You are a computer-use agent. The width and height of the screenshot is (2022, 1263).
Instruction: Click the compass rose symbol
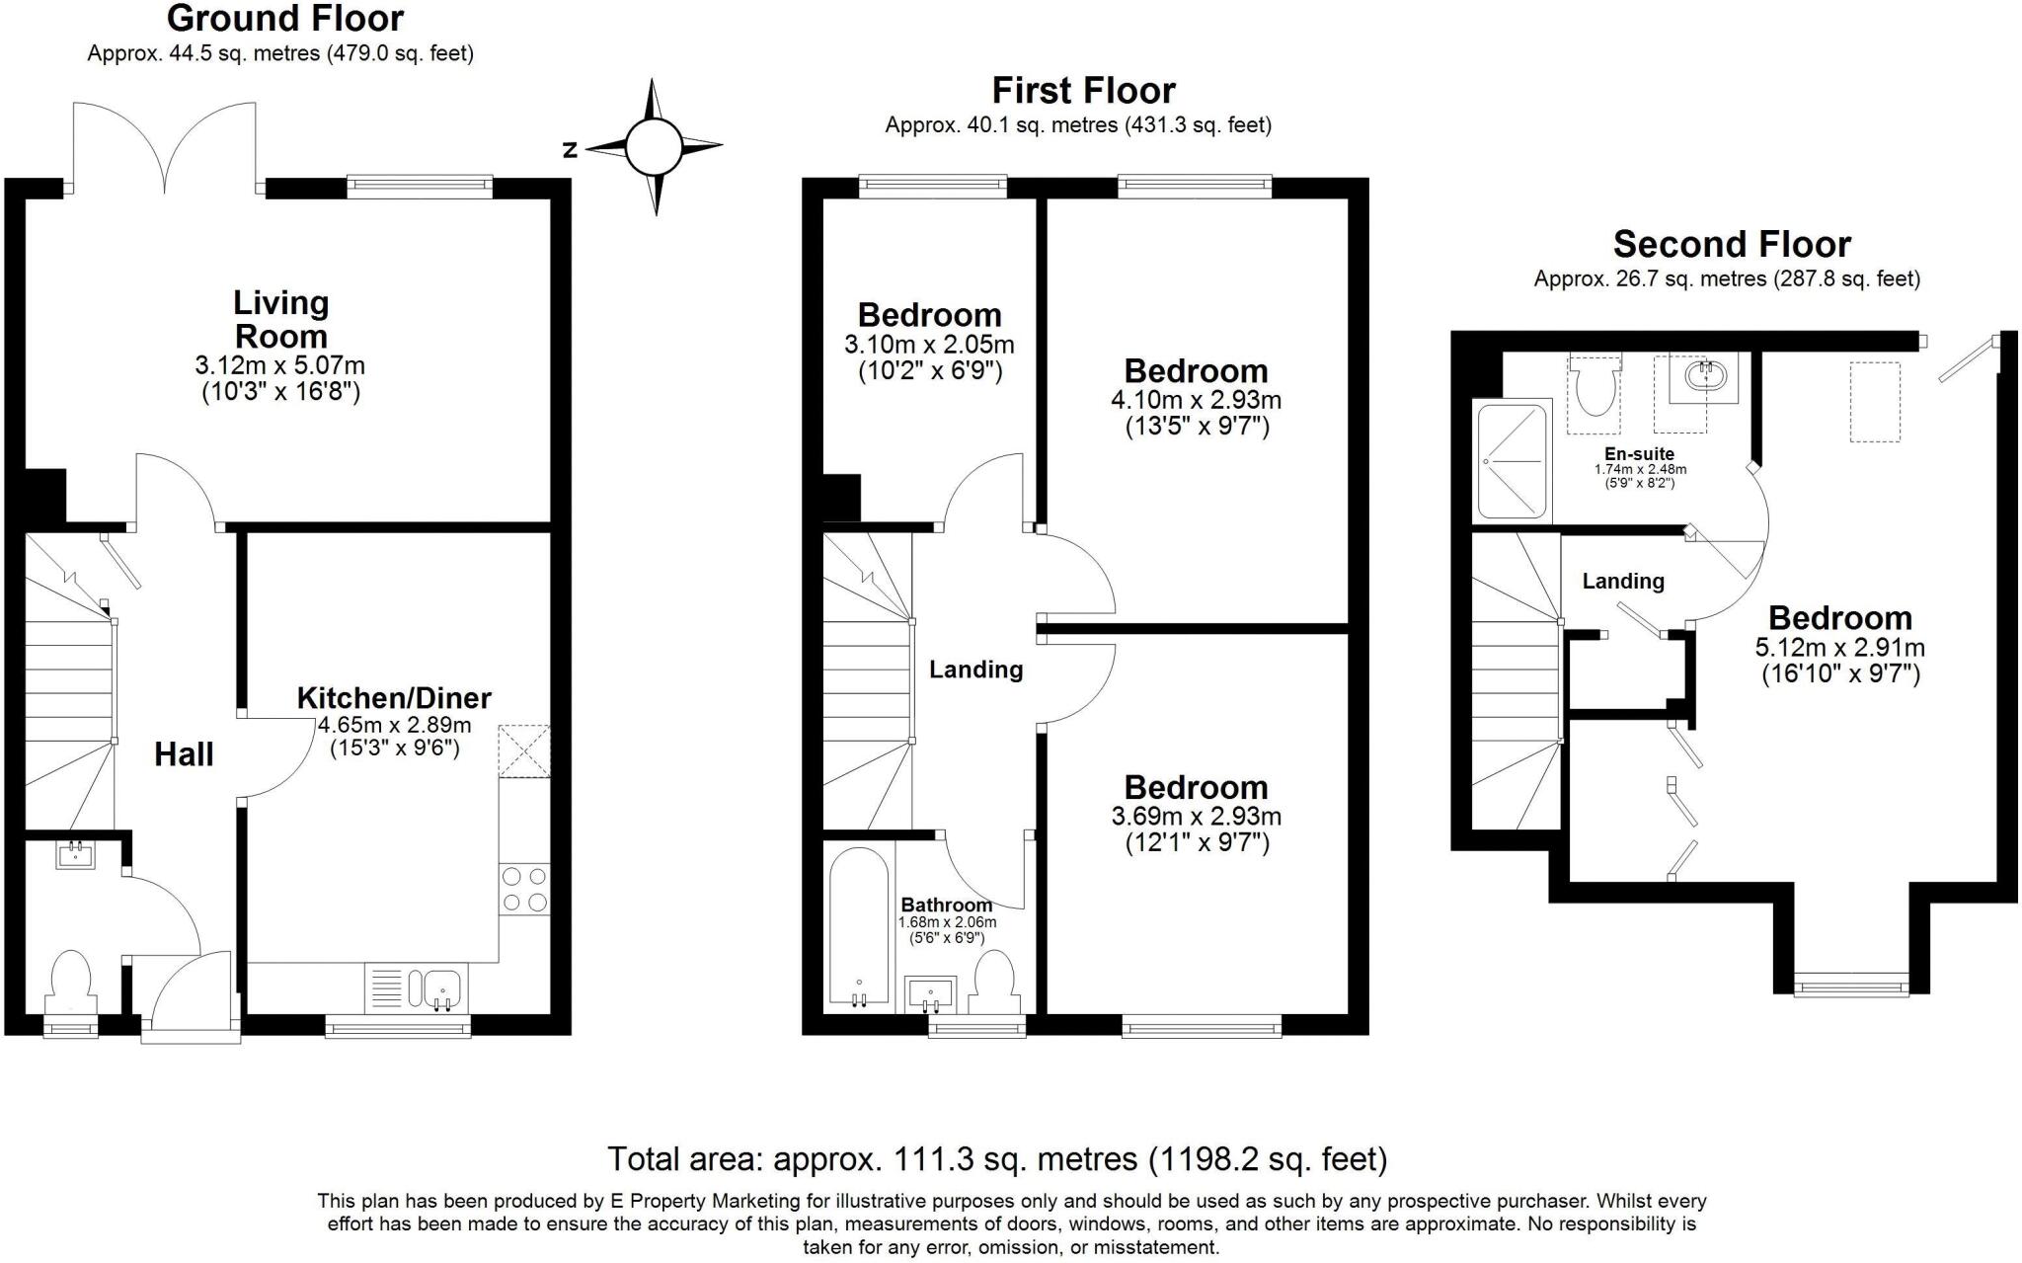point(655,147)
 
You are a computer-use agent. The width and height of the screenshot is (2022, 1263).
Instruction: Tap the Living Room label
point(280,318)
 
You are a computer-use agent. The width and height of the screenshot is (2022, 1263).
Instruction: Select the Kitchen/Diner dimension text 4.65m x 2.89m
point(394,724)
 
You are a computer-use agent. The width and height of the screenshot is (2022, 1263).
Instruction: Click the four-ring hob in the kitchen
point(524,889)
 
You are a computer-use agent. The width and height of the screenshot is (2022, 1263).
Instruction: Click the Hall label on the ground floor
point(184,754)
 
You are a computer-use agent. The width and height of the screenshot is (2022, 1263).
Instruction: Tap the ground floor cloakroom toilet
point(70,979)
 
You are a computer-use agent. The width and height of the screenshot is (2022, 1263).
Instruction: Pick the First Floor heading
point(1083,91)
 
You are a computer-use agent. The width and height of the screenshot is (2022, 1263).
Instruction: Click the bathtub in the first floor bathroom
point(859,928)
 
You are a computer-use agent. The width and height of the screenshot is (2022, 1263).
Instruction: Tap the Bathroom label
point(946,905)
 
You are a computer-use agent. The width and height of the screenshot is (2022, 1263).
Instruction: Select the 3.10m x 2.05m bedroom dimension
point(929,345)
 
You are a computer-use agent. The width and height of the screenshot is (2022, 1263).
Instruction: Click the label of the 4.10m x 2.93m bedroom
point(1196,371)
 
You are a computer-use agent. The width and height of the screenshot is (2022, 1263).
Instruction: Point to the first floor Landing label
point(975,670)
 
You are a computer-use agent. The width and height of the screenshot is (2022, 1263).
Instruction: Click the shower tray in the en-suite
point(1510,460)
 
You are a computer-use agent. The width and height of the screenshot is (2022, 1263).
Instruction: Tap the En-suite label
point(1639,454)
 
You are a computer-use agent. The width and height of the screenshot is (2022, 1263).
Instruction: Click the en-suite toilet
point(1594,387)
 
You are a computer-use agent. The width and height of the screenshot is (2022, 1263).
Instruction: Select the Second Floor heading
point(1732,244)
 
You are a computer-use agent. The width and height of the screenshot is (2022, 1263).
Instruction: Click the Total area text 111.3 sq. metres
point(996,1158)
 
